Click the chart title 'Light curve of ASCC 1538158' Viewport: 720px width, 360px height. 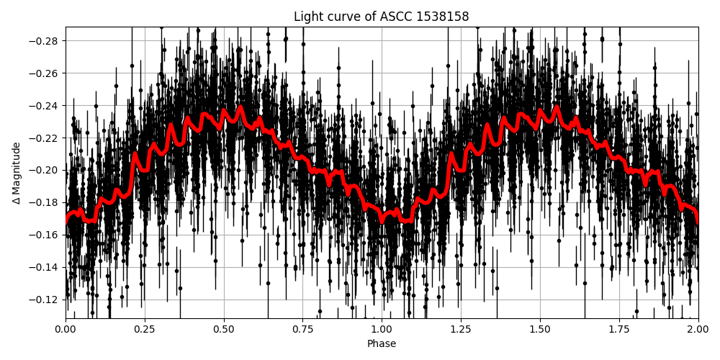(382, 17)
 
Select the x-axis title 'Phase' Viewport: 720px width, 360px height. (382, 344)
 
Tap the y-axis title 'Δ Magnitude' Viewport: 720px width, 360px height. (16, 173)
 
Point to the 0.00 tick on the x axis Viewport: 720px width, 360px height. (66, 330)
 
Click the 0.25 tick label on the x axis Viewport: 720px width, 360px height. (145, 330)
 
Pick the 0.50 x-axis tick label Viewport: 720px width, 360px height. (224, 330)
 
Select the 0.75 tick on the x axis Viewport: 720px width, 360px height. (303, 330)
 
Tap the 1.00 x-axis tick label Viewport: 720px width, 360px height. (382, 330)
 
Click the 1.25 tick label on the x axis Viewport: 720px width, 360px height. (461, 330)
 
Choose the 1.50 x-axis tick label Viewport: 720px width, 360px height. (540, 330)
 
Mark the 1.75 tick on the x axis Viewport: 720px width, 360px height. (619, 330)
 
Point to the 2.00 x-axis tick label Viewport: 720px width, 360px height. (698, 330)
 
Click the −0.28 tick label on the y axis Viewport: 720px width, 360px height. (46, 41)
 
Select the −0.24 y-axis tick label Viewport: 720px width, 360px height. (46, 106)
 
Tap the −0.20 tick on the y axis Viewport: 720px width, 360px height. (46, 171)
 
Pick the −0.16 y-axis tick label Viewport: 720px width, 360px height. (46, 235)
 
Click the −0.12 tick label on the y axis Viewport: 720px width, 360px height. (46, 300)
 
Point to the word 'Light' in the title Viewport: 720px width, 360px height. (308, 17)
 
